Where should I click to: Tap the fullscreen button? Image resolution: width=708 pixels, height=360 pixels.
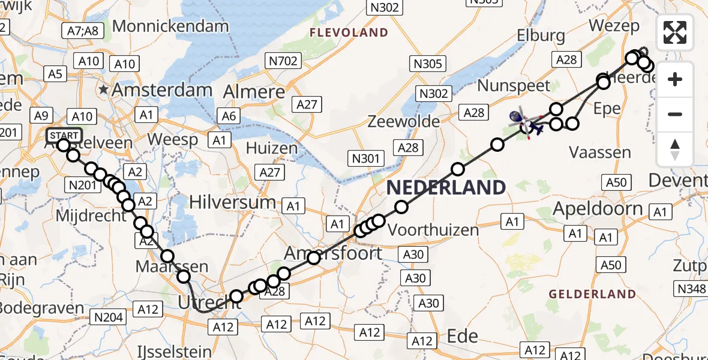pos(675,32)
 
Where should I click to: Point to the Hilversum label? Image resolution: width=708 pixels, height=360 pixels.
pos(232,202)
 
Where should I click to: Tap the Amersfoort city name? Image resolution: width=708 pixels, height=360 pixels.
pos(333,253)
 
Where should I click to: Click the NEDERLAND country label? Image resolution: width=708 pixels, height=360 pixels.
pos(446,187)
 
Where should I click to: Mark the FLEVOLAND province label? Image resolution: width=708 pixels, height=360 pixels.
pos(349,32)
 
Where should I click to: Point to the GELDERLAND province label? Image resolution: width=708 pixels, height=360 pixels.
pos(593,294)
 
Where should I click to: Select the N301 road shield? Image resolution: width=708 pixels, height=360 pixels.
pos(366,158)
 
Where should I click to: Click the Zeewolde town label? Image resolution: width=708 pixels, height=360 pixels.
pos(405,121)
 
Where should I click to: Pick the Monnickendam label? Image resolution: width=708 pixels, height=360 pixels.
pos(170,26)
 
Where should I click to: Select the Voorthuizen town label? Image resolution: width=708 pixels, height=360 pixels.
pos(433,229)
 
